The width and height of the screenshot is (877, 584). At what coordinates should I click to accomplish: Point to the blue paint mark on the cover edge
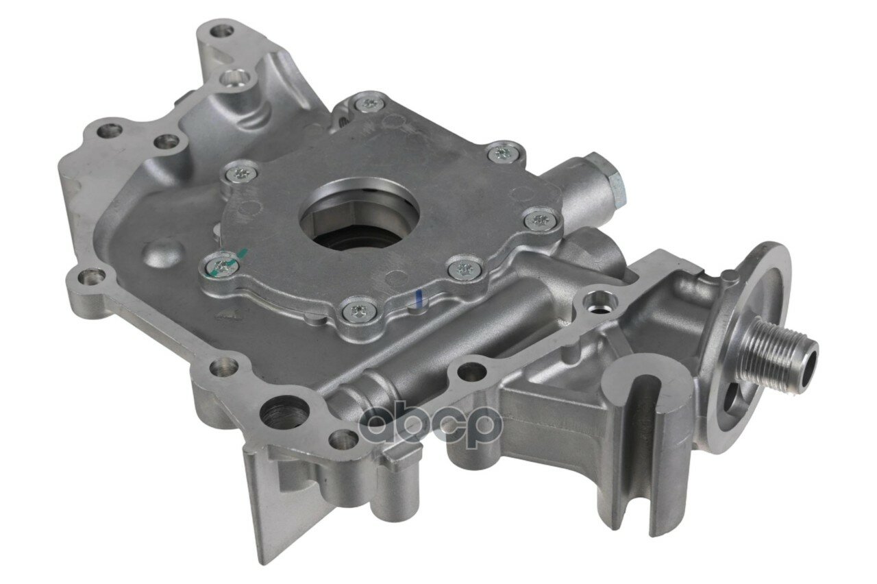click(419, 295)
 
